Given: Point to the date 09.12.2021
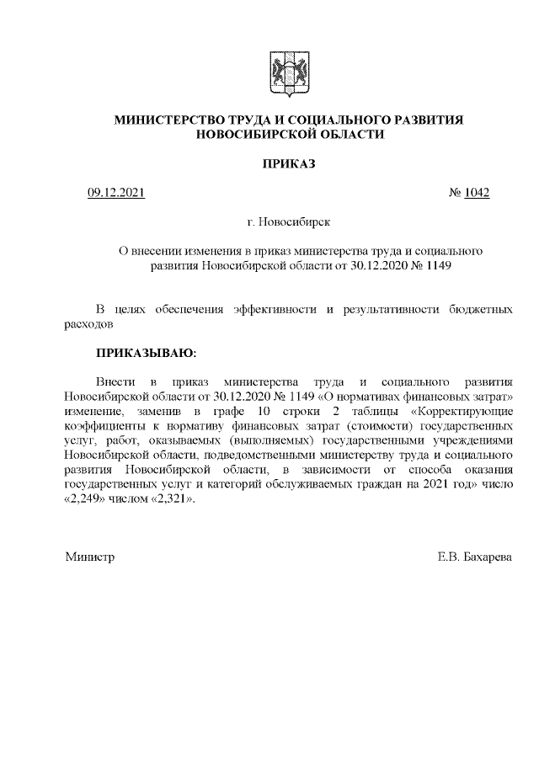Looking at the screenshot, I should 117,194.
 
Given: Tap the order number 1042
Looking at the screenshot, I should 475,194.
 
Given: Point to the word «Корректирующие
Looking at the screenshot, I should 462,412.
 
